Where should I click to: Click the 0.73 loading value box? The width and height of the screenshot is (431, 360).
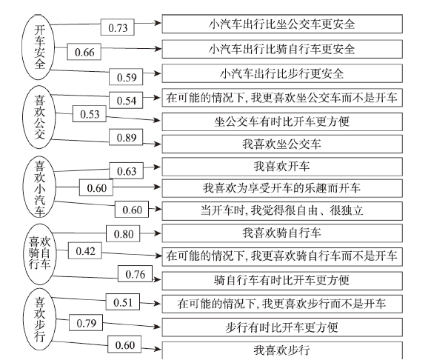point(117,27)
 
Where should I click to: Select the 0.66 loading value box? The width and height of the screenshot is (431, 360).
point(84,51)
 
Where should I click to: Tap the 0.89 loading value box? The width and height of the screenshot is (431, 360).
point(126,137)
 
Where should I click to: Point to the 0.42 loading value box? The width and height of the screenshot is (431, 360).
point(85,250)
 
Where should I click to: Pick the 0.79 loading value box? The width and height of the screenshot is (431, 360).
point(86,323)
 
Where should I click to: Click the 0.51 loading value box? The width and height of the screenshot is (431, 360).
point(123,301)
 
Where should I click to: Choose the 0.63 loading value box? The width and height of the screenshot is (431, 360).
point(127,171)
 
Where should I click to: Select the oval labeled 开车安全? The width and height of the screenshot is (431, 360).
point(39,47)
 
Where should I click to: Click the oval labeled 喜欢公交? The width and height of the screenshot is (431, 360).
point(39,118)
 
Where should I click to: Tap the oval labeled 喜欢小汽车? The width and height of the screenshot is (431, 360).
point(39,187)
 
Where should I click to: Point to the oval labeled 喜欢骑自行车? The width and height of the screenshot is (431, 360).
point(40,254)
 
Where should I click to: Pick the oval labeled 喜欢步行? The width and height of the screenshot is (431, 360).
point(39,320)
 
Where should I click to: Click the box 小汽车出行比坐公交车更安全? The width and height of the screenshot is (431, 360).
point(282,24)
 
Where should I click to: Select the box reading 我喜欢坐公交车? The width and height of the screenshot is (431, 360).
point(282,144)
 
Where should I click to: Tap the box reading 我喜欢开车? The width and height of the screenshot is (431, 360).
point(282,167)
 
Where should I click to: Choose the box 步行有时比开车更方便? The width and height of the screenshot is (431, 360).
point(282,327)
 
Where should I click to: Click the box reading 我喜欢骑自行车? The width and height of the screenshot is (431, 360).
point(282,233)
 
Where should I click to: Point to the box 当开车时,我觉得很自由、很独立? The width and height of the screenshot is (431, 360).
point(282,211)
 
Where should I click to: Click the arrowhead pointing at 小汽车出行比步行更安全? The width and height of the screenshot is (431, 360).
point(158,73)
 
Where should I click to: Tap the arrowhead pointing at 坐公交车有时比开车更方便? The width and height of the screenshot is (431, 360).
point(158,120)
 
